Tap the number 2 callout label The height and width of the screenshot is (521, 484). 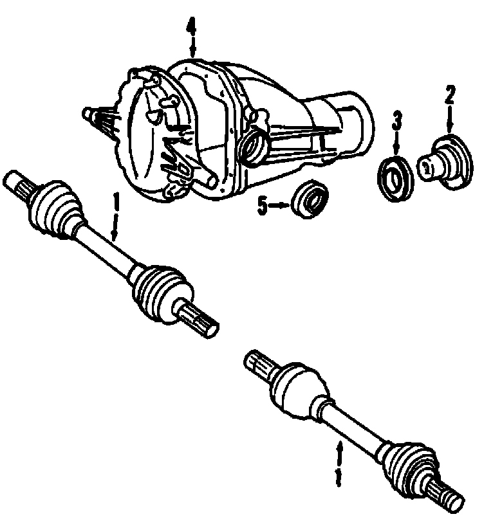(x=449, y=96)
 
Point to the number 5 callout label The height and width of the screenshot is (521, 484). (x=262, y=207)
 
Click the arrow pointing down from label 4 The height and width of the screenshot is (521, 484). (x=191, y=49)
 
